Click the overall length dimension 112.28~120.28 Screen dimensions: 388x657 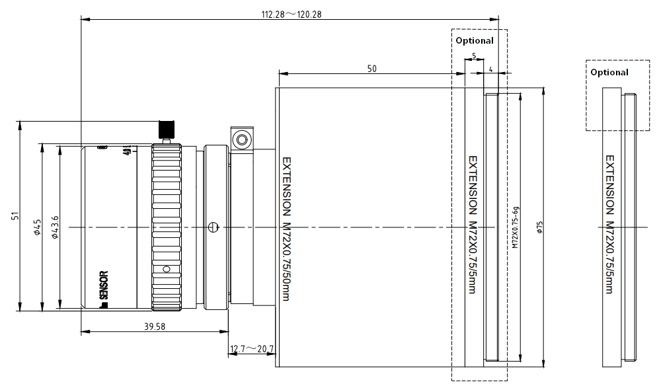[291, 14]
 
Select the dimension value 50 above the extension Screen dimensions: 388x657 [371, 68]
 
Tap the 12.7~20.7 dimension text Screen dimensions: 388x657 [252, 349]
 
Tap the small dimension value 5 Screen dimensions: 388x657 [474, 56]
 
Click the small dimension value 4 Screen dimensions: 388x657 [491, 68]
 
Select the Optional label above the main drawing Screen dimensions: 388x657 [475, 40]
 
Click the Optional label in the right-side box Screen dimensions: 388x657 [609, 72]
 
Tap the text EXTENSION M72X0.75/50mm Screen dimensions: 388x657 [286, 228]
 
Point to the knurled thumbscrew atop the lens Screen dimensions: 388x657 [167, 128]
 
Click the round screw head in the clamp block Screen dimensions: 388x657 [242, 139]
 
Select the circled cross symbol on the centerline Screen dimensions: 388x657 [212, 227]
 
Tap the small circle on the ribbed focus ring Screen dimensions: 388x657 [167, 268]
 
